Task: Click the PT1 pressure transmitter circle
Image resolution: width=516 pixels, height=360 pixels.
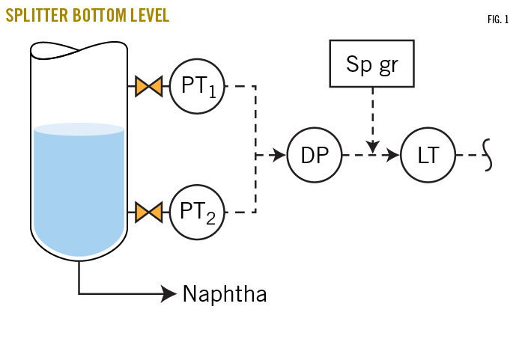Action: coord(197,86)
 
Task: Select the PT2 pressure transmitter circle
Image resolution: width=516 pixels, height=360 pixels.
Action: coord(197,213)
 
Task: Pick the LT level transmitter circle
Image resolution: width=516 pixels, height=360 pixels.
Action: coord(428,156)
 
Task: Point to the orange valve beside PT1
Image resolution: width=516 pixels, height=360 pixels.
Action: coord(148,86)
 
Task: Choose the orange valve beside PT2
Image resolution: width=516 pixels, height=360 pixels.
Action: coord(148,213)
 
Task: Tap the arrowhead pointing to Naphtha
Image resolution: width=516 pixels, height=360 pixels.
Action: coord(169,293)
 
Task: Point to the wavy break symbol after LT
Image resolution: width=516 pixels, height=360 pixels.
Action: coord(488,156)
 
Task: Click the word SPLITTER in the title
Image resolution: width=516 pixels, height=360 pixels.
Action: coord(35,16)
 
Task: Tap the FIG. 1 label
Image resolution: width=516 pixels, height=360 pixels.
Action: coord(497,18)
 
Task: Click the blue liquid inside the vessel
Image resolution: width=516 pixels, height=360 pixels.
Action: coord(79,187)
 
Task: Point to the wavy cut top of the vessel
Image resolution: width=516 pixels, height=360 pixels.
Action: coord(79,51)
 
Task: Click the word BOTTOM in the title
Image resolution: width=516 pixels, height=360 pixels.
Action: coord(96,16)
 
